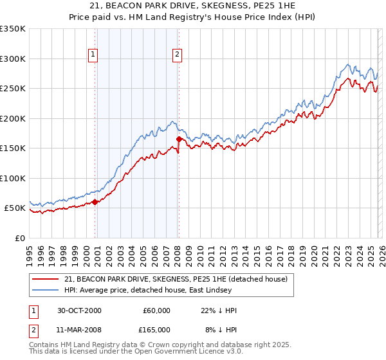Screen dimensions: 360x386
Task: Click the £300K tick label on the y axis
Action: click(13, 59)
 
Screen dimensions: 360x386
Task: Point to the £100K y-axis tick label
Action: click(13, 178)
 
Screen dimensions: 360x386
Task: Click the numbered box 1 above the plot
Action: click(94, 55)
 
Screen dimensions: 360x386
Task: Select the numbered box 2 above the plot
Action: click(177, 55)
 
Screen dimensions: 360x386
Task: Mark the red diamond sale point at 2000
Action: click(95, 202)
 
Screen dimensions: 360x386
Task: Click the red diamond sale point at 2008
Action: click(179, 139)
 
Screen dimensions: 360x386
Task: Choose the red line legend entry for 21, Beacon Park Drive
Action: click(179, 278)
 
